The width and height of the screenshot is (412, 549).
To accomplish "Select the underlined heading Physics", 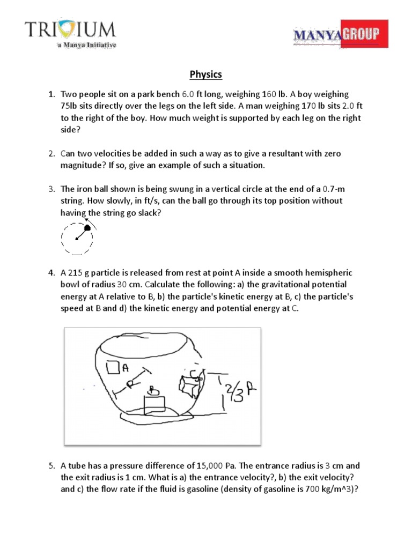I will pyautogui.click(x=206, y=74).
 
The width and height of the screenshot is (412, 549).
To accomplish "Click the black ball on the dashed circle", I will pyautogui.click(x=88, y=228).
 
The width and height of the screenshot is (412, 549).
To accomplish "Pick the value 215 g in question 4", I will pyautogui.click(x=77, y=272).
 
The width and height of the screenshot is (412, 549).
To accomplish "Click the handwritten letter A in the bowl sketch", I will pyautogui.click(x=126, y=368).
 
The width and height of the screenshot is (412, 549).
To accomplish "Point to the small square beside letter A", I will pyautogui.click(x=113, y=367).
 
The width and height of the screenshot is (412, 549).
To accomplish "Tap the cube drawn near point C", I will pyautogui.click(x=190, y=385).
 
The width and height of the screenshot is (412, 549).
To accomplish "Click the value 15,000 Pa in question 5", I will pyautogui.click(x=209, y=465).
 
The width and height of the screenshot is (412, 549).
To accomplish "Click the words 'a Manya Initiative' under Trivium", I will pyautogui.click(x=86, y=46).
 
